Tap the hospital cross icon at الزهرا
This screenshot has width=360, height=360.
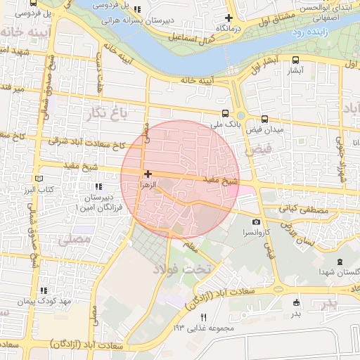point(147,173)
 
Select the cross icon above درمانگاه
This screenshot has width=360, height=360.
point(228,18)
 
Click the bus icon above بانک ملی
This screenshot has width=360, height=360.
point(226,113)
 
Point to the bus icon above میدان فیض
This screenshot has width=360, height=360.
point(264,119)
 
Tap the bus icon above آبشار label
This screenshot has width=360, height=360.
point(295,60)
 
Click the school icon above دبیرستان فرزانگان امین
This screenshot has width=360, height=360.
point(97,186)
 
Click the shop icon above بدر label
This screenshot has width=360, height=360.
point(295,303)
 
